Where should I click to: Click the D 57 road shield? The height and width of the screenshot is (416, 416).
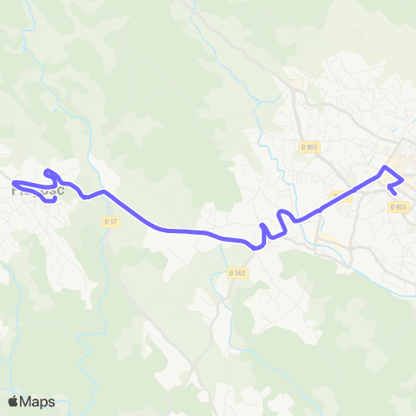(x=110, y=222)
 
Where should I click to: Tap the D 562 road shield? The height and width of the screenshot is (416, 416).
(x=239, y=272)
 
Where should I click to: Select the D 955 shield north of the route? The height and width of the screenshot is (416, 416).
(x=309, y=147)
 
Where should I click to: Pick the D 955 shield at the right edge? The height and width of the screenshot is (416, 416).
(x=398, y=206)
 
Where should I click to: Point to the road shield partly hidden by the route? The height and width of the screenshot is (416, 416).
(x=342, y=197)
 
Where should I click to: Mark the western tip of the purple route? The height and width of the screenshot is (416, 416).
(x=14, y=182)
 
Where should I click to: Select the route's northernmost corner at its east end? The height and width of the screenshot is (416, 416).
(x=386, y=166)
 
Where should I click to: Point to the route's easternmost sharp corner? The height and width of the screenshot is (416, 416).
(x=403, y=179)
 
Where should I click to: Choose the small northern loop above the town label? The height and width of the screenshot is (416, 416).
(x=50, y=173)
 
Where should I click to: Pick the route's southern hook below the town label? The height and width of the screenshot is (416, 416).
(x=52, y=199)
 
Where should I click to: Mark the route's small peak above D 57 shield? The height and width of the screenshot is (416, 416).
(x=103, y=192)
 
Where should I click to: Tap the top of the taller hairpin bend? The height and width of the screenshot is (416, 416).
(x=263, y=225)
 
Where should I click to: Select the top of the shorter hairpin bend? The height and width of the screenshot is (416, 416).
(x=281, y=211)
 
